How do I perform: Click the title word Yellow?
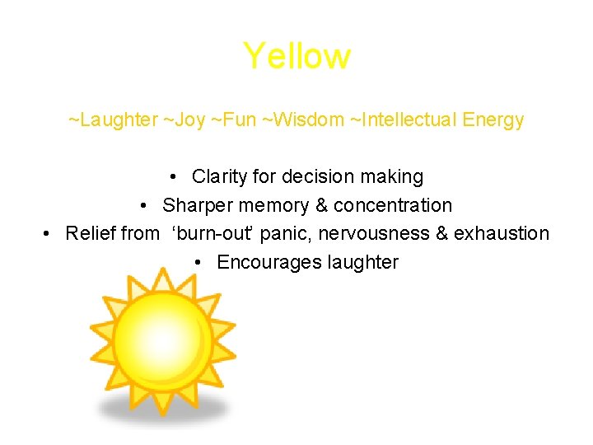296,57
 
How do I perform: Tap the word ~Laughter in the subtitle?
112,120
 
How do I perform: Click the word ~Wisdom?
303,120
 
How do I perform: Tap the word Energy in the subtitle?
493,120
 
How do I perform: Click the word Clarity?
218,177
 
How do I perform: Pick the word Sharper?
194,205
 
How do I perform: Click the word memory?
268,205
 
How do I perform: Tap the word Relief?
90,234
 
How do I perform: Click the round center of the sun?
163,343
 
